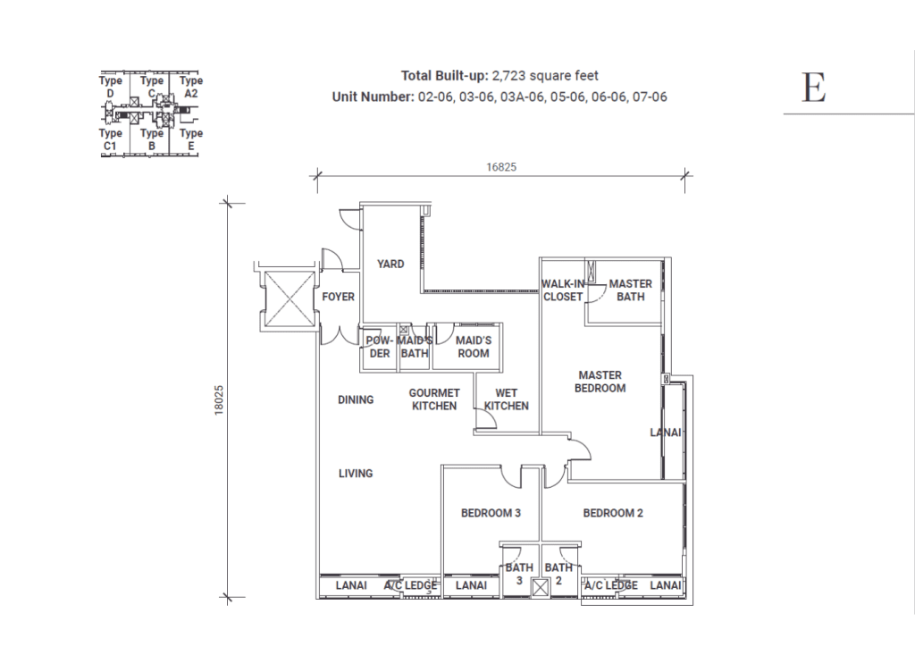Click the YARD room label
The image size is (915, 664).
(390, 264)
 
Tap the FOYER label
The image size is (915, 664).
(339, 297)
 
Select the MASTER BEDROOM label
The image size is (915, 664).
(600, 382)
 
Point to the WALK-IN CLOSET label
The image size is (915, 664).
(563, 290)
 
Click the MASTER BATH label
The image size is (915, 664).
(631, 290)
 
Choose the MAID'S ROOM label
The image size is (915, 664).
(474, 347)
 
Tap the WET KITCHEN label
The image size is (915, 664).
(507, 399)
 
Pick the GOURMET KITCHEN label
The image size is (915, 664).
(434, 399)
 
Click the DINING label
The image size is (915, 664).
(356, 399)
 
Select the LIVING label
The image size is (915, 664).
(356, 474)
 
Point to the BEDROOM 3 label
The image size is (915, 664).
(491, 513)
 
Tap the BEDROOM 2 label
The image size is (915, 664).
(613, 513)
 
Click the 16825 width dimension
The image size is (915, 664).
(501, 167)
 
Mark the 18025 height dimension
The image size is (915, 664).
(219, 399)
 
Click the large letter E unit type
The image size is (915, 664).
(814, 88)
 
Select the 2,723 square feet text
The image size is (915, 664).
(546, 75)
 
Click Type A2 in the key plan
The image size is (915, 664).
(191, 87)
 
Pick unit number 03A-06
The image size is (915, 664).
(524, 97)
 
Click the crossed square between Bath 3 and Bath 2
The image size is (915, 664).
(541, 587)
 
